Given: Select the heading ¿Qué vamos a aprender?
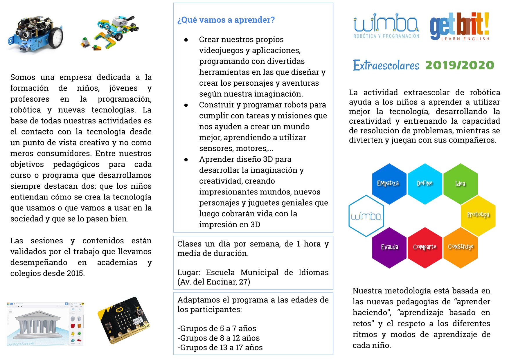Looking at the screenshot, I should (x=226, y=20).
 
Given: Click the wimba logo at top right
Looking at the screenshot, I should (x=386, y=26).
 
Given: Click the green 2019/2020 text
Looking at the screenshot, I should (x=460, y=65).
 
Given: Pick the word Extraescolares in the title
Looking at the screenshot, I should (x=386, y=65).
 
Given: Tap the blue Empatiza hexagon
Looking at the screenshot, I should (x=389, y=183).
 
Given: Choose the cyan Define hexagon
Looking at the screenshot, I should (x=425, y=183).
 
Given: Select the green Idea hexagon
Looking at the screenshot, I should (x=461, y=183).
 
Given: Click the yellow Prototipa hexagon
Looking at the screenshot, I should (x=478, y=215).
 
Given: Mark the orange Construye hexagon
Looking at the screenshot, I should (x=461, y=247).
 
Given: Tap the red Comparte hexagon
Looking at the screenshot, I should (x=425, y=247).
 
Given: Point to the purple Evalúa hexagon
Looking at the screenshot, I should (x=389, y=247).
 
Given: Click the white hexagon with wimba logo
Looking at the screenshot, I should (x=366, y=216).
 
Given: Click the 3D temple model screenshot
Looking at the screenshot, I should (x=45, y=324).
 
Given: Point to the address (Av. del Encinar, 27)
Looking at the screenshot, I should (x=214, y=282).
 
